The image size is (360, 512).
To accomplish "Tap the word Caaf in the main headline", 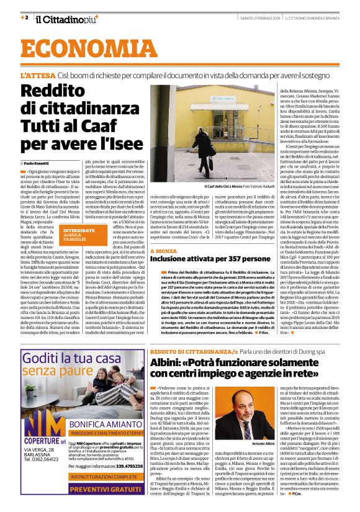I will coord(118,129).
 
